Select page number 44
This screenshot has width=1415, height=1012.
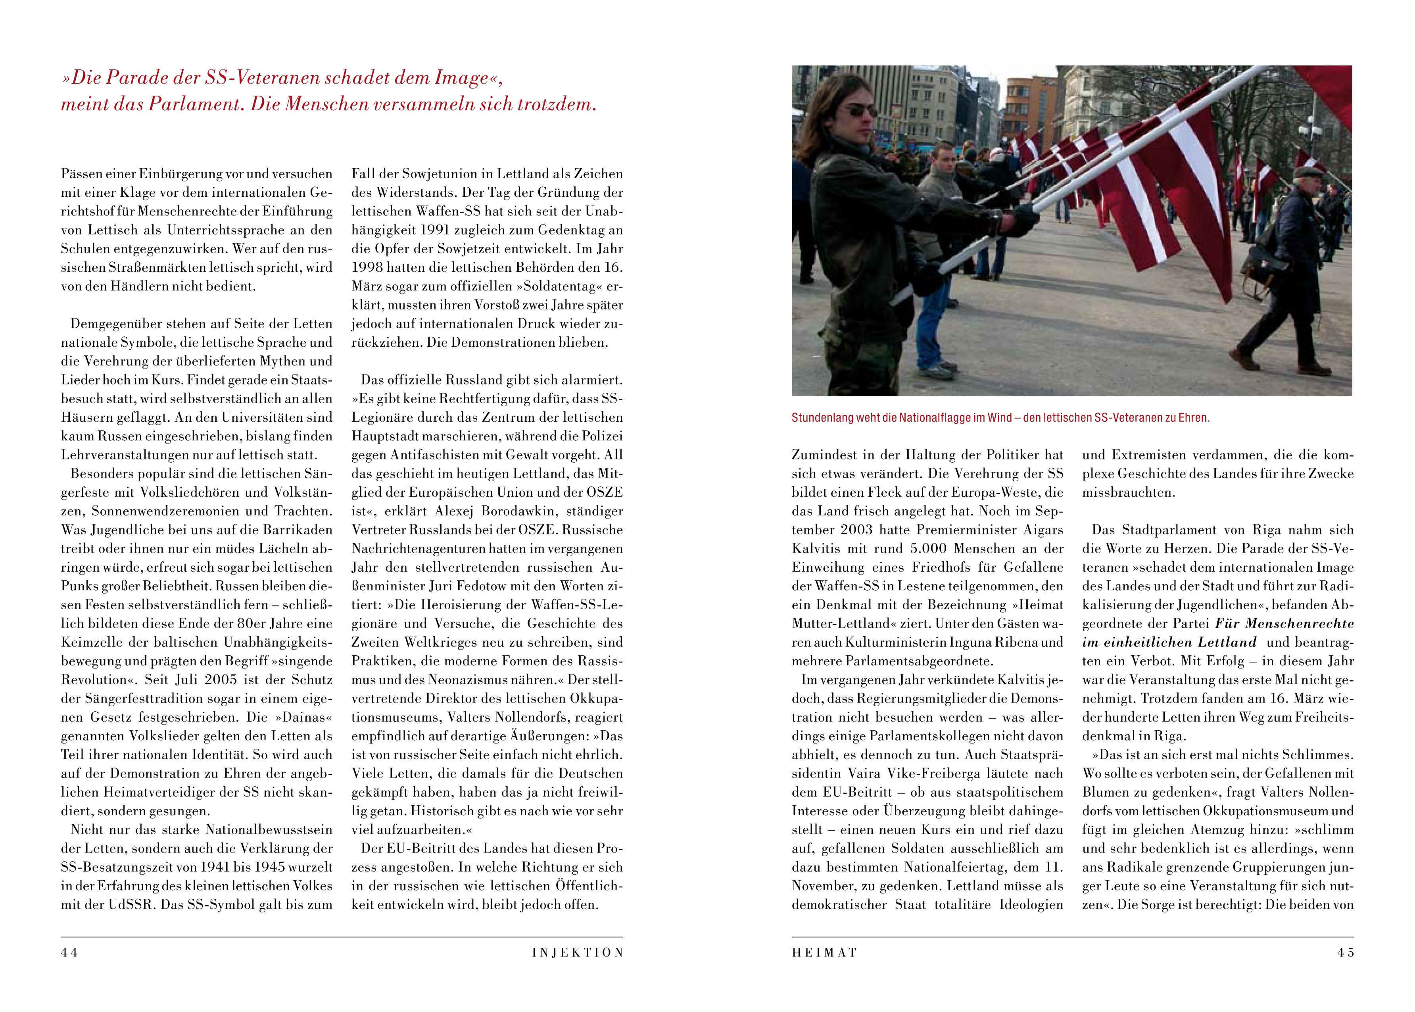click(69, 953)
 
